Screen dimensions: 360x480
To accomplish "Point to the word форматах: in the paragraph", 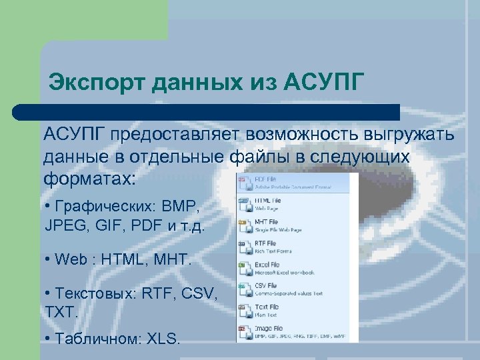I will pyautogui.click(x=89, y=179).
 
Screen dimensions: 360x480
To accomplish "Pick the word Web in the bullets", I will pyautogui.click(x=73, y=259).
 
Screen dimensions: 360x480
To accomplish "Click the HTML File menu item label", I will pyautogui.click(x=268, y=200).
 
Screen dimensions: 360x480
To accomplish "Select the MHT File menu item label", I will pyautogui.click(x=267, y=222).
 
